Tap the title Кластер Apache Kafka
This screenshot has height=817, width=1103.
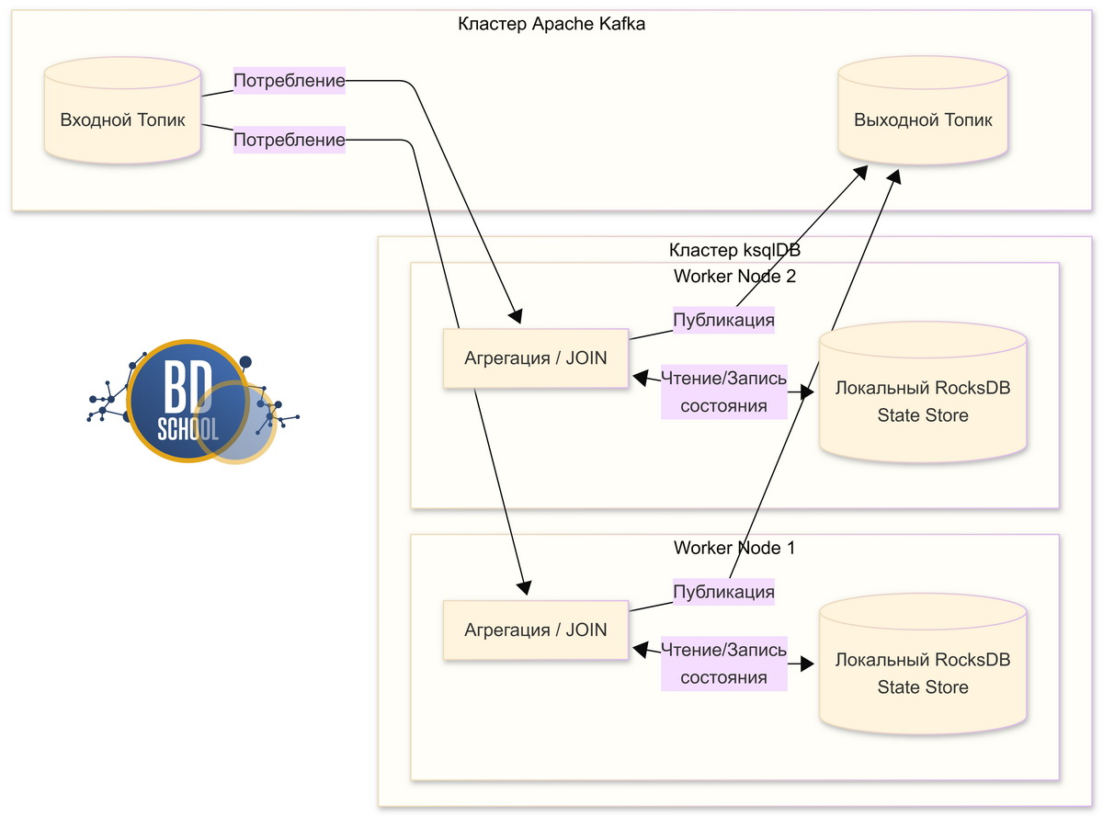click(x=551, y=25)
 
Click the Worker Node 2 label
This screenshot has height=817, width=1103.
click(x=733, y=277)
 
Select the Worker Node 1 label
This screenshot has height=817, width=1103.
click(x=733, y=548)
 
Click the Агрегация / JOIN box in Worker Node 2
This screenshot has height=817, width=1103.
click(x=536, y=358)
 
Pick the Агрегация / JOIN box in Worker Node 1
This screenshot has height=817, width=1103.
click(x=536, y=630)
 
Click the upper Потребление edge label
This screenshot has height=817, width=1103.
click(x=290, y=81)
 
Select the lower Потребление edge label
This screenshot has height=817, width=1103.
click(x=290, y=140)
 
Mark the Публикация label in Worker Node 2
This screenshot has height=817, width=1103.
click(x=723, y=320)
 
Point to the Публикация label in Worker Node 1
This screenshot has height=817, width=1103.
click(x=723, y=592)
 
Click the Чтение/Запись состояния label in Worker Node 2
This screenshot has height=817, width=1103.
click(x=724, y=391)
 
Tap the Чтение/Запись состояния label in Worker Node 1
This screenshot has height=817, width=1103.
click(x=724, y=664)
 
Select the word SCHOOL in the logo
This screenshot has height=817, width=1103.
click(x=188, y=429)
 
